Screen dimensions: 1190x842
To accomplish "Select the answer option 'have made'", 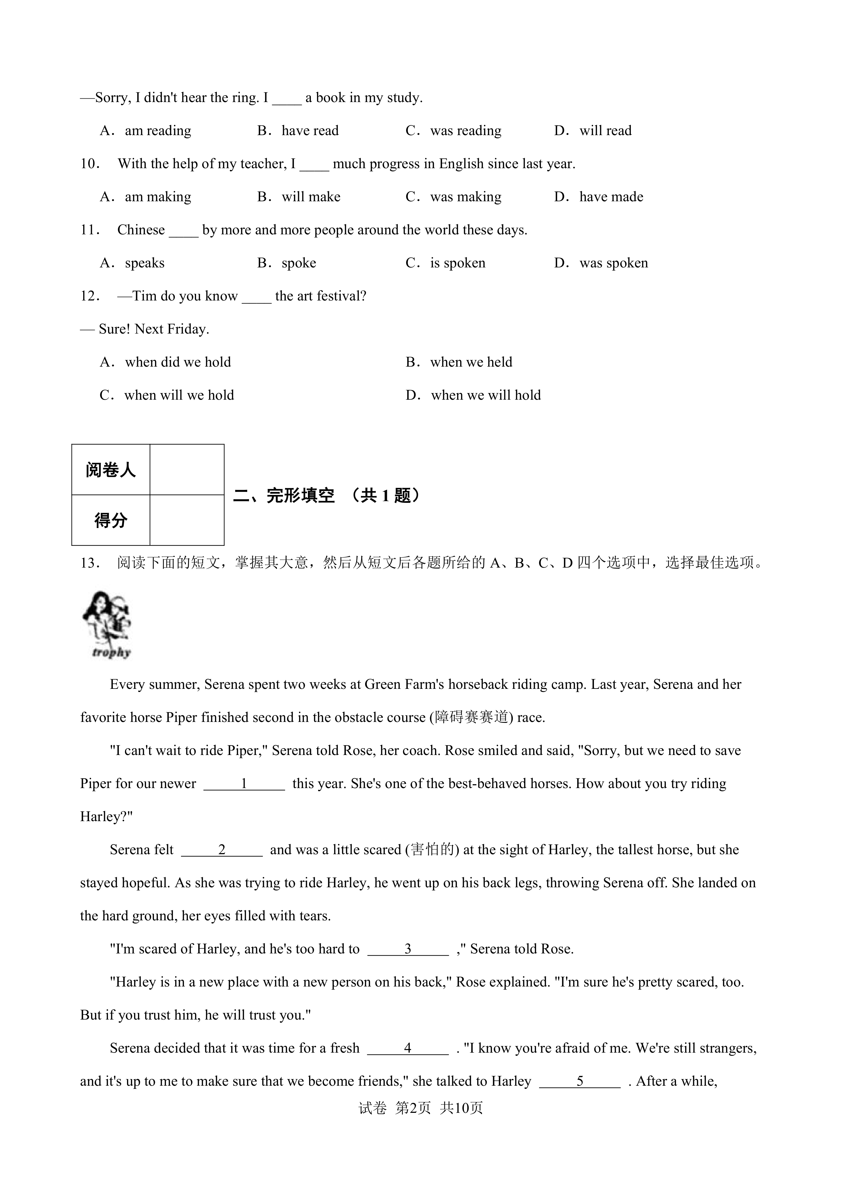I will (611, 197).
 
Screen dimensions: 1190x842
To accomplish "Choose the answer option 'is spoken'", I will (457, 263).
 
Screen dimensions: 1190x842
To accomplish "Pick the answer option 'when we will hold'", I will (485, 395).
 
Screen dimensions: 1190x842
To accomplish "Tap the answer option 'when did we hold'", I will (177, 362).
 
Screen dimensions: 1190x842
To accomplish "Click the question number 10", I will (90, 164).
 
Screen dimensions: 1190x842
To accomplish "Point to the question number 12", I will (90, 296).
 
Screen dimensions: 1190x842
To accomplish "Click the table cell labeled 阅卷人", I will (110, 469).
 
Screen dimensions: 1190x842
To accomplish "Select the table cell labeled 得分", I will (110, 520).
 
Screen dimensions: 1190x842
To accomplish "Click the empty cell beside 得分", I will (187, 520).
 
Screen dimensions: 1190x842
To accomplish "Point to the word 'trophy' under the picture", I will (111, 653).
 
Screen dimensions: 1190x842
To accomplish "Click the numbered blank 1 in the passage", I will (244, 784).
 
